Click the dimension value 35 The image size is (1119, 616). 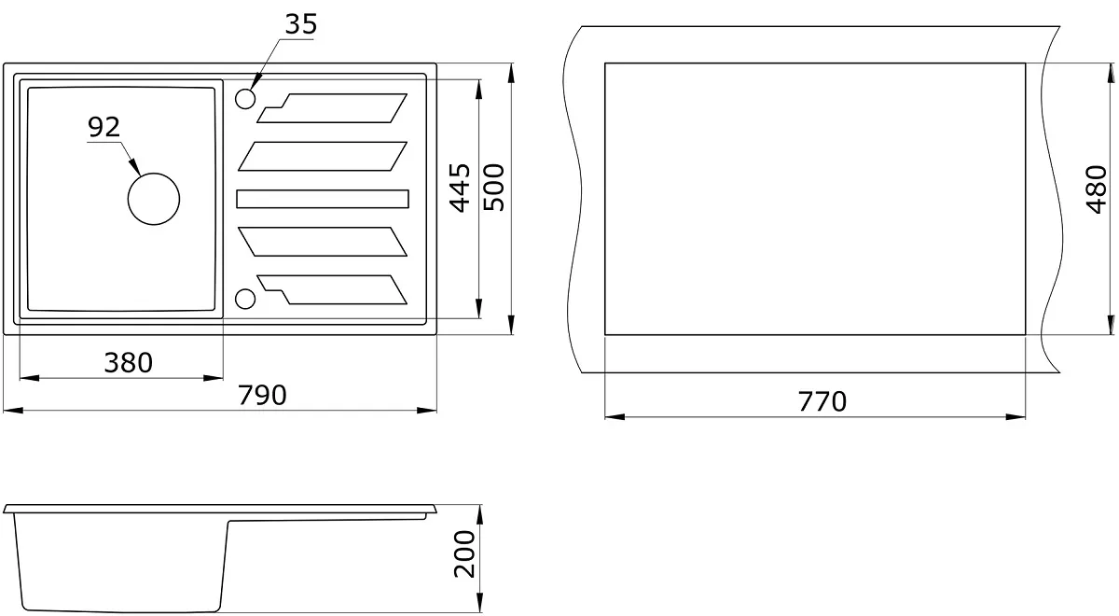click(300, 24)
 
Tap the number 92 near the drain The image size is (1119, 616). click(104, 127)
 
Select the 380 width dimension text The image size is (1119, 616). click(129, 362)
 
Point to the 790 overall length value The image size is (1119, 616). click(262, 395)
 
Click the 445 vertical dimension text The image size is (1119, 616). click(460, 188)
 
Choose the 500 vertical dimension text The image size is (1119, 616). click(494, 188)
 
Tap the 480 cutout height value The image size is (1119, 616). click(1097, 189)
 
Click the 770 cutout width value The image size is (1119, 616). click(822, 401)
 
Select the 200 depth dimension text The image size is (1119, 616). click(464, 554)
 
